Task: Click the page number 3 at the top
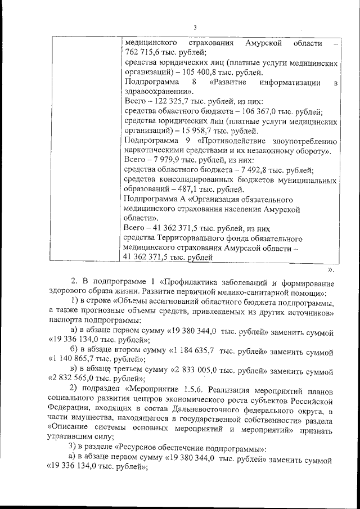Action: coord(195,28)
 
